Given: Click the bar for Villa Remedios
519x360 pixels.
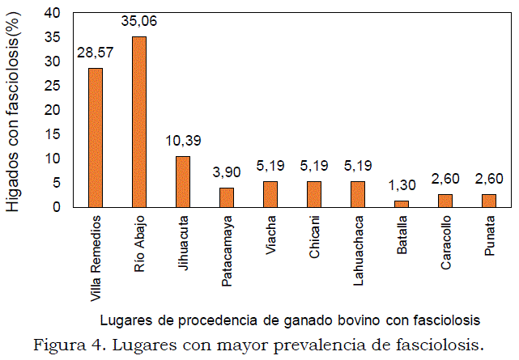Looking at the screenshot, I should [x=96, y=138].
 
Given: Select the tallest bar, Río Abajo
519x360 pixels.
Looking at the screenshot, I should [x=139, y=121].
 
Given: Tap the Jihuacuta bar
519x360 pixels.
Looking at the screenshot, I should [x=183, y=181].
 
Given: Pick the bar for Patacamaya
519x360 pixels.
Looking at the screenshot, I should [x=227, y=197].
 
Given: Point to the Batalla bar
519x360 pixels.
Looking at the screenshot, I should [x=402, y=204].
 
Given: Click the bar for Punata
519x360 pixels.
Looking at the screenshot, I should [x=489, y=201].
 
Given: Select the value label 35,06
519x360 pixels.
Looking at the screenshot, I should [x=139, y=21].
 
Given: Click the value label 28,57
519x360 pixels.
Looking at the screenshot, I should [x=96, y=53].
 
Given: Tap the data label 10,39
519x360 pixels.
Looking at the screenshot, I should [x=183, y=141].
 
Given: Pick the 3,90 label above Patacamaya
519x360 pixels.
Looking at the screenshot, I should [x=227, y=172].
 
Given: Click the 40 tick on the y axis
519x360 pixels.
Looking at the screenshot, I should [x=53, y=13].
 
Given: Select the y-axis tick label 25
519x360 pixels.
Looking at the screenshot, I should [x=53, y=86].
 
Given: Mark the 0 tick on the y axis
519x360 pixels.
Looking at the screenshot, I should [x=57, y=207].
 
